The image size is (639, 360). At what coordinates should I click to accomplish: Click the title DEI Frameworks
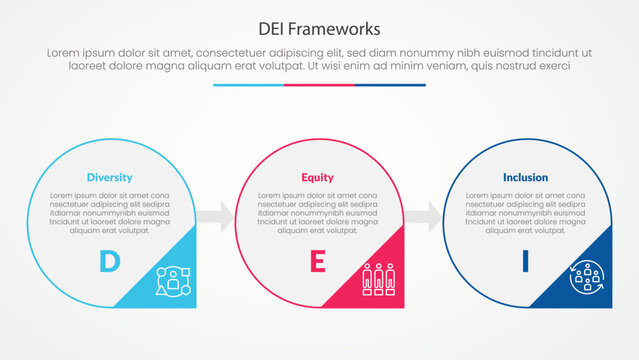[319, 27]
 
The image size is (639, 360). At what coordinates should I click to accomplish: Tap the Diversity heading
[109, 177]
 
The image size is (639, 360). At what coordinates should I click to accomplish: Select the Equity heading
[318, 177]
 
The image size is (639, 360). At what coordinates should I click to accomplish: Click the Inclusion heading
[525, 177]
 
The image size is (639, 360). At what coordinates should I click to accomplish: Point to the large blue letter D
[109, 262]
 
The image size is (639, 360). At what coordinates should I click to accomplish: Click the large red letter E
[318, 262]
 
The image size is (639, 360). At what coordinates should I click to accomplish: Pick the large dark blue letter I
[525, 262]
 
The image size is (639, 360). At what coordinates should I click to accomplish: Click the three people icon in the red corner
[379, 280]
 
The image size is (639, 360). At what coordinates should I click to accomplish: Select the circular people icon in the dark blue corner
[586, 280]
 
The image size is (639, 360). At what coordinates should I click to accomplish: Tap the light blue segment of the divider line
[248, 85]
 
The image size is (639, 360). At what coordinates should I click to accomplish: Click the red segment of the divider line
[319, 85]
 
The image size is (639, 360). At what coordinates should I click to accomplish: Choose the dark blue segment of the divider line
[390, 85]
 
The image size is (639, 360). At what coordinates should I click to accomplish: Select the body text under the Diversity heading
[109, 212]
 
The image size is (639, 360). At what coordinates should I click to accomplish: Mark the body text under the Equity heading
[318, 212]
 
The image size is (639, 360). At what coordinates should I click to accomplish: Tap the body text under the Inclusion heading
[525, 212]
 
